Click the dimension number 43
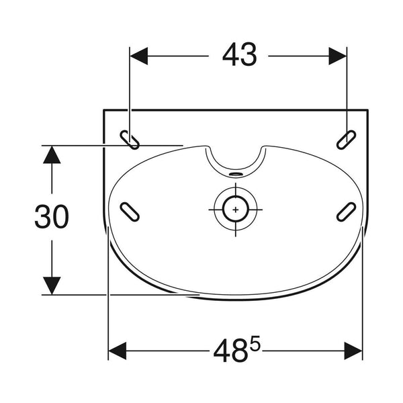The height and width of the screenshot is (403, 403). pyautogui.click(x=240, y=54)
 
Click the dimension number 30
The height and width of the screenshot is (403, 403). pyautogui.click(x=52, y=216)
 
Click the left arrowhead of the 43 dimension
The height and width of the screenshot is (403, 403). pyautogui.click(x=139, y=56)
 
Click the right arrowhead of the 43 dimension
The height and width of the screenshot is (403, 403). pyautogui.click(x=338, y=56)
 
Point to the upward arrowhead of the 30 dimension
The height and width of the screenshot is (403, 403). pyautogui.click(x=52, y=154)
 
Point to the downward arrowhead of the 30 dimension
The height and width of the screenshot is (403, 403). pyautogui.click(x=52, y=285)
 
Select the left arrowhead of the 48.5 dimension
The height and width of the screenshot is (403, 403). pyautogui.click(x=118, y=351)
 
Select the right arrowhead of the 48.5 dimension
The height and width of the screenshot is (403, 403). pyautogui.click(x=353, y=351)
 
